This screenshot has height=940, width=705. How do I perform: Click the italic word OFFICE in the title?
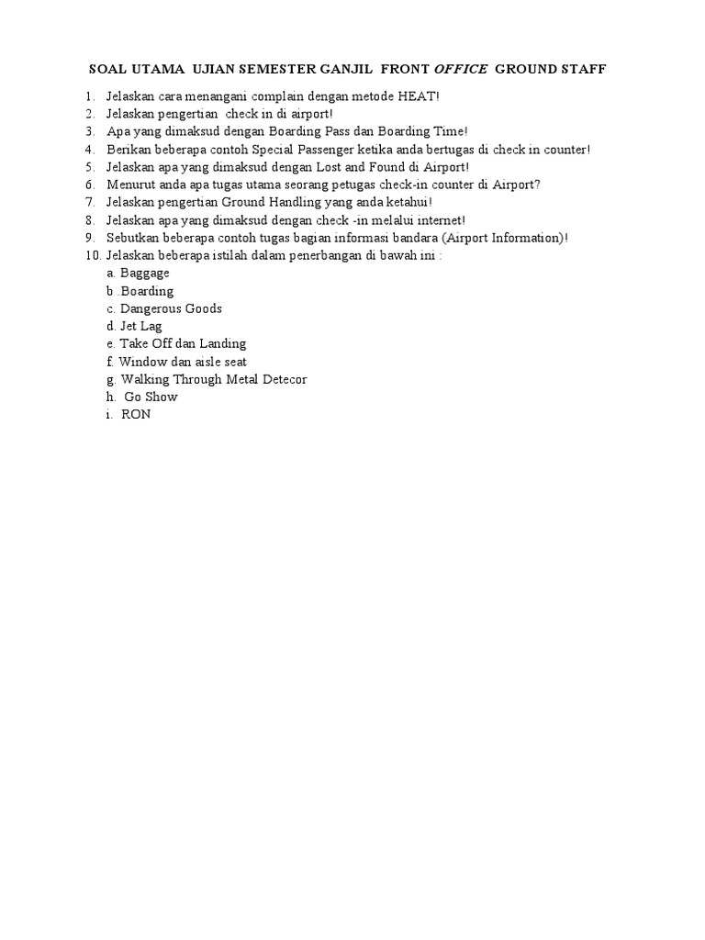[461, 70]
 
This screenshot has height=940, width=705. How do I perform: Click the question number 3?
[88, 131]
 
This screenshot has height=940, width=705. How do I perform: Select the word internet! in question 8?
[437, 220]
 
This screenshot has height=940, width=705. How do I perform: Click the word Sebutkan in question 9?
[131, 238]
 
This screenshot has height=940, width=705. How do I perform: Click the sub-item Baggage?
[144, 274]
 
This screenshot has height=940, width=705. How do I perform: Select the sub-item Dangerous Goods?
[171, 308]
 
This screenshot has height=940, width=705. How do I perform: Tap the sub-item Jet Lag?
[141, 326]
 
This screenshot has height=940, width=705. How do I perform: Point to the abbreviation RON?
[136, 415]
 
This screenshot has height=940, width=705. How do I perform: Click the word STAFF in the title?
[583, 70]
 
